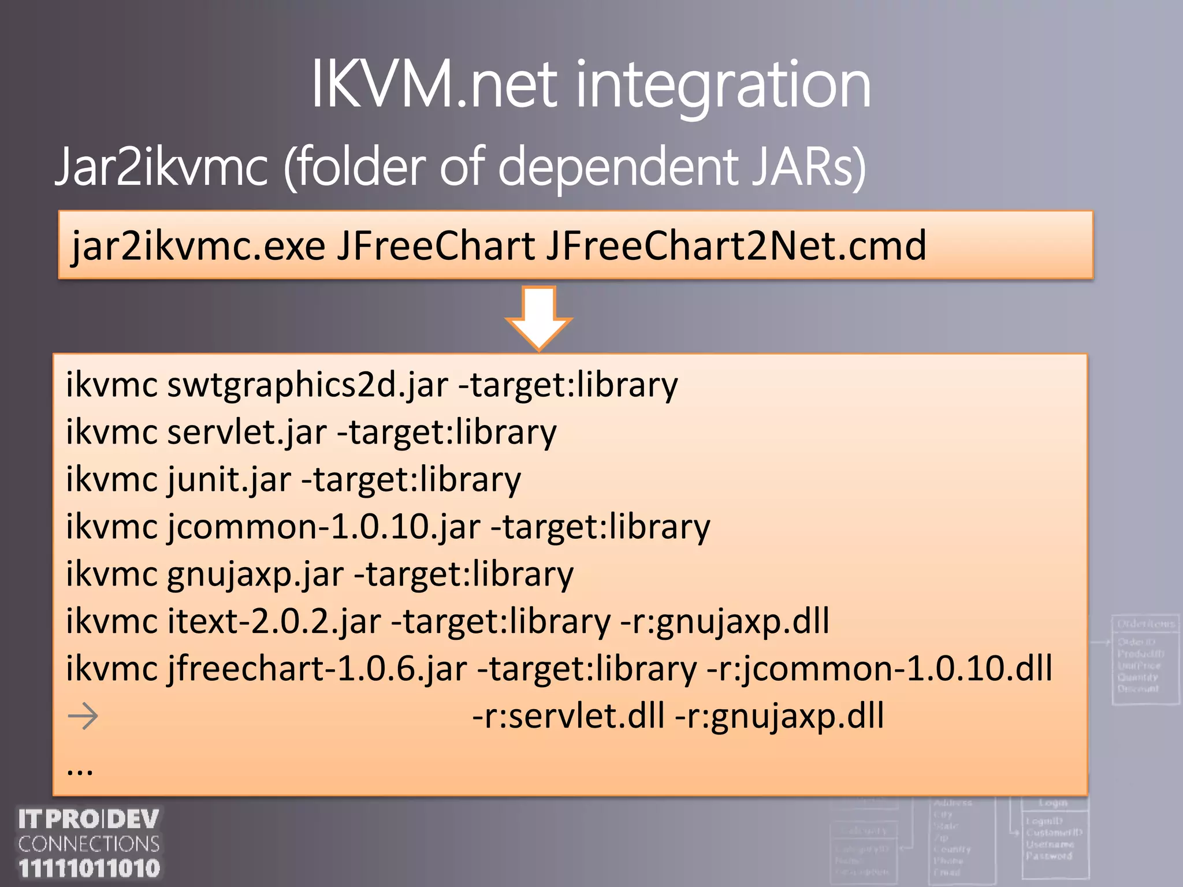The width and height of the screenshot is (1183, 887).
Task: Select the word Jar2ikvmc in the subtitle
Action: (x=162, y=167)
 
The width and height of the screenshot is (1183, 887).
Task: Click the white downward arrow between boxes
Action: (x=538, y=318)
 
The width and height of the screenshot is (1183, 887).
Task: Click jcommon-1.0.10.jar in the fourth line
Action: (x=323, y=527)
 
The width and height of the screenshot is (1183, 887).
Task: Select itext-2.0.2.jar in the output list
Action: (x=274, y=622)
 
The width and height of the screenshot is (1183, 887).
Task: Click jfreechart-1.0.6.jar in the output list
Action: (x=317, y=669)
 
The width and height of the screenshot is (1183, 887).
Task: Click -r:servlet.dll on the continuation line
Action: (x=568, y=717)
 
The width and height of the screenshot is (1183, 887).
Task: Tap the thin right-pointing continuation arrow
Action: (x=83, y=717)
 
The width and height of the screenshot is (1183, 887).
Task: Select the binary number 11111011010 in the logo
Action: (x=89, y=869)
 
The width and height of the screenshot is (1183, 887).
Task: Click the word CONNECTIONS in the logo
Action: (x=89, y=844)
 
